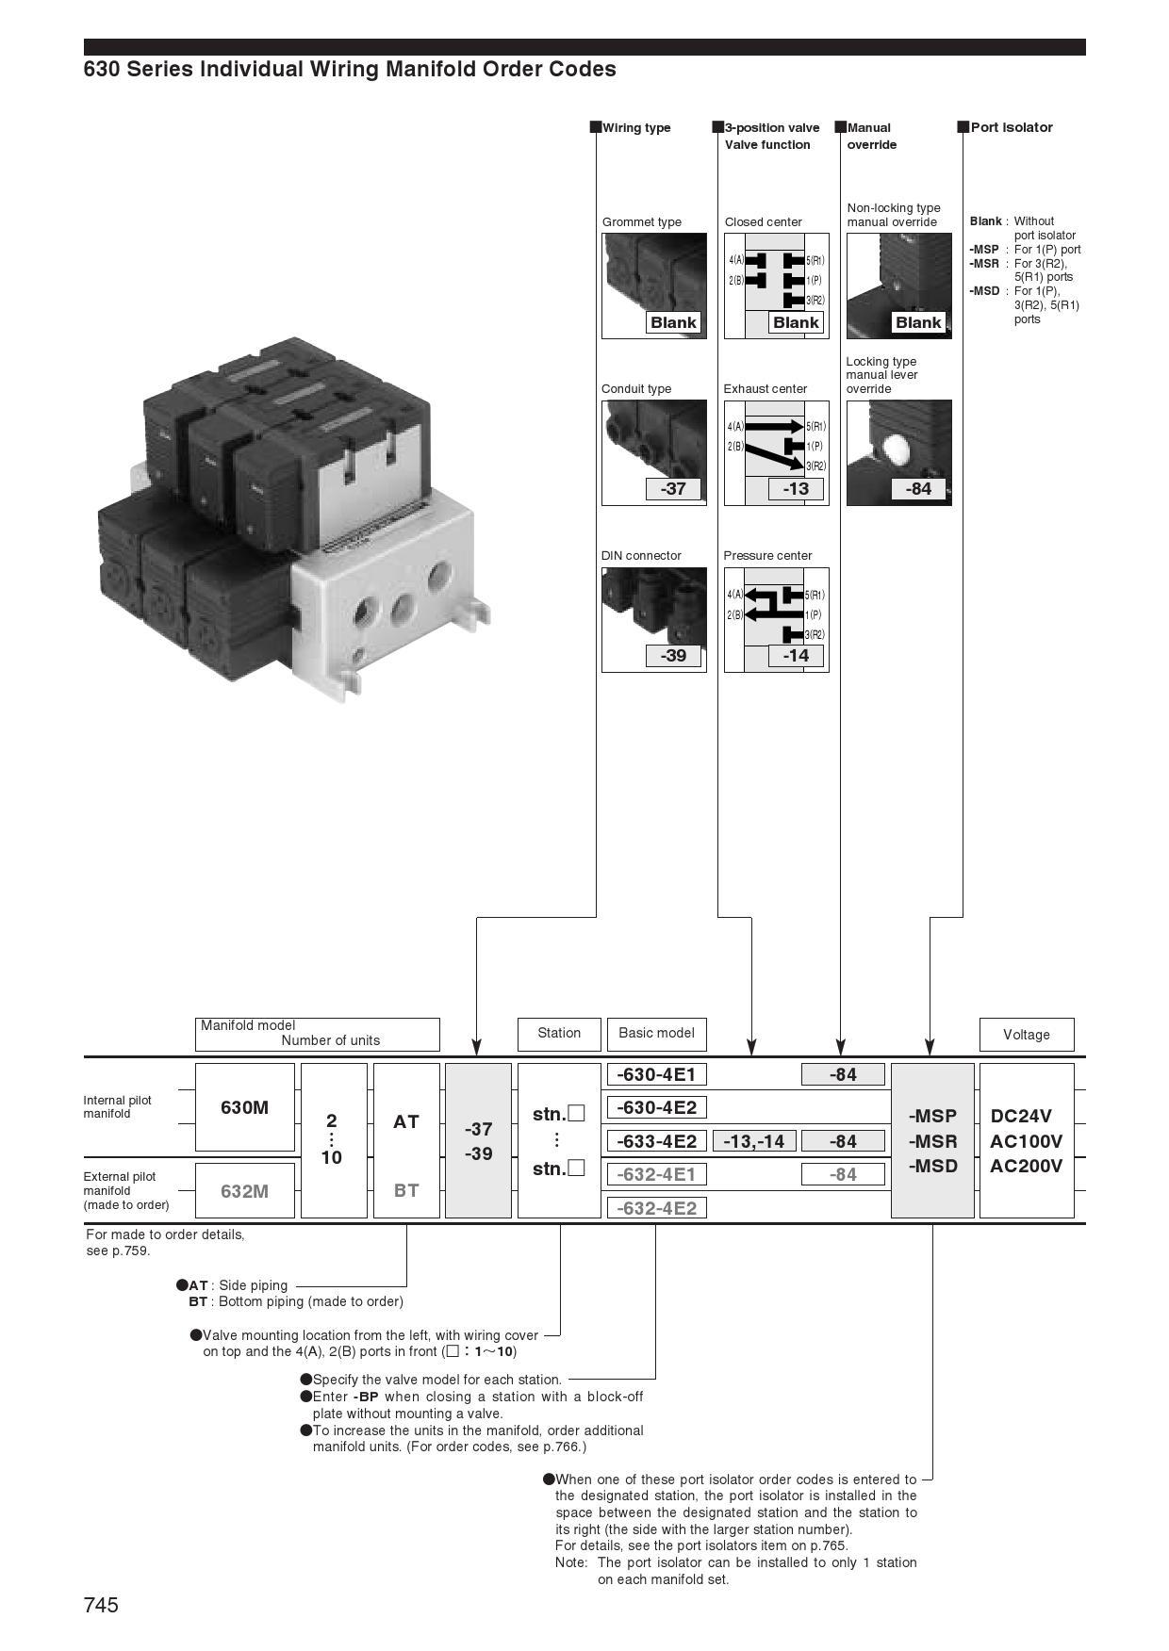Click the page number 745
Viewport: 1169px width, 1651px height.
tap(101, 1605)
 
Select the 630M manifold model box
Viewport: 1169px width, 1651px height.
tap(244, 1107)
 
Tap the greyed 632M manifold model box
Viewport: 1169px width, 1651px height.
tap(244, 1191)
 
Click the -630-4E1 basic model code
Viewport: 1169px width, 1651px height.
tap(655, 1074)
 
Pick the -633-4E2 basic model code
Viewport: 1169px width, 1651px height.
tap(655, 1141)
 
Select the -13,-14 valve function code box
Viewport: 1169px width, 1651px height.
tap(754, 1141)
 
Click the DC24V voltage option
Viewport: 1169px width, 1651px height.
tap(1021, 1116)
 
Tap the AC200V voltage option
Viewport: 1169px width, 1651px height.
tap(1026, 1166)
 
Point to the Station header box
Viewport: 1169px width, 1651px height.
tap(559, 1033)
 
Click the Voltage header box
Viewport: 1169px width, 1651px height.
tap(1026, 1034)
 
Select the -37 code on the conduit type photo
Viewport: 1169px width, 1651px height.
tap(673, 488)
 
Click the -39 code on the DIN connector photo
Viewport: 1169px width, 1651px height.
tap(673, 655)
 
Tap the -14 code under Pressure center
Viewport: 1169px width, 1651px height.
tap(796, 655)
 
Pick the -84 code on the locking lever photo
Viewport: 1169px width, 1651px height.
tap(918, 488)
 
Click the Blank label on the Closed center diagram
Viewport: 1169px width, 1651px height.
tap(796, 322)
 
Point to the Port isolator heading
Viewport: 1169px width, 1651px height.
tap(1012, 127)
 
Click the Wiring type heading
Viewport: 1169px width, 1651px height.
tap(636, 127)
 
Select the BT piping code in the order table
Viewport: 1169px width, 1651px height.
tap(406, 1190)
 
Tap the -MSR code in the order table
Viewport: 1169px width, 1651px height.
tap(932, 1141)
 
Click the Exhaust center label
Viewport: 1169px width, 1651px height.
tap(766, 388)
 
